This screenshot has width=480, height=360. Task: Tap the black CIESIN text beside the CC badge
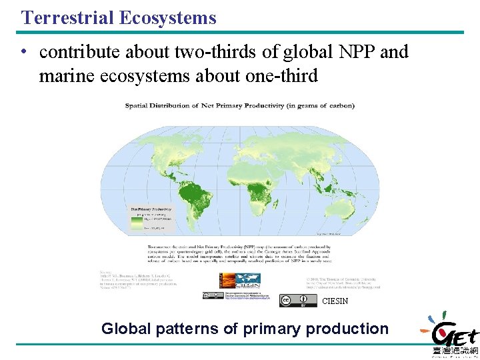[x=335, y=301]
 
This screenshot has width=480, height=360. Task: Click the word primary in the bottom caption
[x=268, y=329]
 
